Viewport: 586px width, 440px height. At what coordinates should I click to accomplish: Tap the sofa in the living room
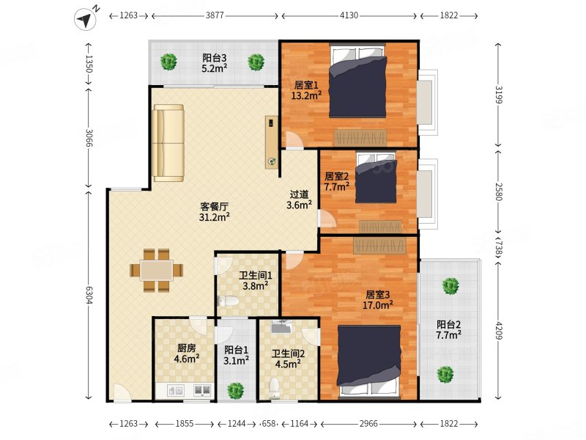168,143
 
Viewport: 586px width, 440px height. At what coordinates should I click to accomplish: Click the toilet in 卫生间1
229,301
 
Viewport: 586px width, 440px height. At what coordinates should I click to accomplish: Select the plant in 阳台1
235,390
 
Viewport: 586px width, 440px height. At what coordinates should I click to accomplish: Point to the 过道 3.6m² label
299,200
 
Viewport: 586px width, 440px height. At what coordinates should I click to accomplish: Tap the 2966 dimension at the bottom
369,425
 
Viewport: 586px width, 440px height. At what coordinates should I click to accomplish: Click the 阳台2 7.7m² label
448,329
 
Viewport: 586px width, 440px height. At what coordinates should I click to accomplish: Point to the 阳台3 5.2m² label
215,65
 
